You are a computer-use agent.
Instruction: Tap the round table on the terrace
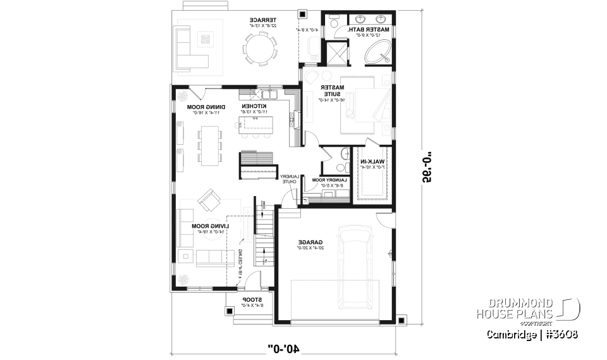[261, 49]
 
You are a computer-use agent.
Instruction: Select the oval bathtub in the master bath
[377, 53]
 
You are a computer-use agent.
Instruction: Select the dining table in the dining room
[209, 146]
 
